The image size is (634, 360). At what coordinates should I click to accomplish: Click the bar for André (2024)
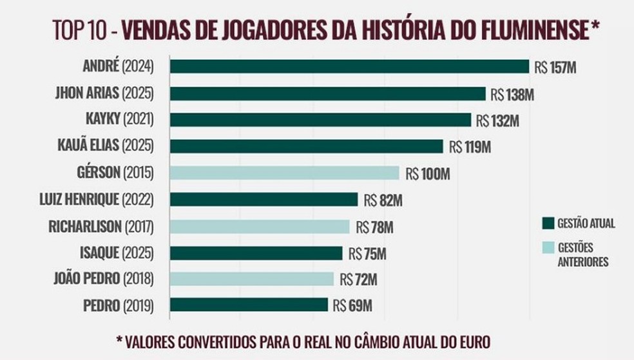(349, 67)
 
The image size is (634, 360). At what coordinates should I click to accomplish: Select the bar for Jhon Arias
(327, 94)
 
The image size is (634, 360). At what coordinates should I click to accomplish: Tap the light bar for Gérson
(284, 173)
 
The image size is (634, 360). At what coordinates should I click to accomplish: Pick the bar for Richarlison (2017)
(259, 227)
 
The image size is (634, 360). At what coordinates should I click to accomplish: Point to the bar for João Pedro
(251, 279)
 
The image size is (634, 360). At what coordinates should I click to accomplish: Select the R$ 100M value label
(427, 173)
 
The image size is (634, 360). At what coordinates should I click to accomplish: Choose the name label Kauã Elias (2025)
(104, 146)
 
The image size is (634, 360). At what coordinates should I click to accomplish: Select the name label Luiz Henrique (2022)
(97, 200)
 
